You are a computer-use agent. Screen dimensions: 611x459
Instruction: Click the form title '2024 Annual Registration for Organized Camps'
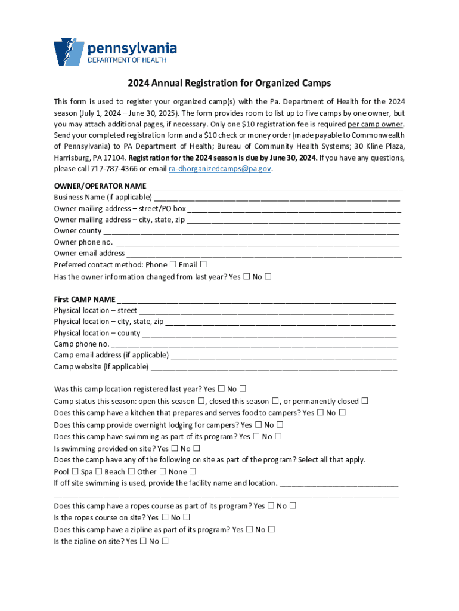[229, 83]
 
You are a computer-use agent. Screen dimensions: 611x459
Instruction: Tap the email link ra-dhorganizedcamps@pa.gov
[220, 169]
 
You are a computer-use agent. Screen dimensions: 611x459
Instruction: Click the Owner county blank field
[251, 231]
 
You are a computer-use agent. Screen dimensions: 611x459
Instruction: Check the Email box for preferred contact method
[203, 264]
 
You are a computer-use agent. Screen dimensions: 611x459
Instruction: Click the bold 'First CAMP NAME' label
[85, 299]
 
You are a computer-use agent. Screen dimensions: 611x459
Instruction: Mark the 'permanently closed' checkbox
[364, 401]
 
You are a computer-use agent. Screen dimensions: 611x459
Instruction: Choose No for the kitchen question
[342, 412]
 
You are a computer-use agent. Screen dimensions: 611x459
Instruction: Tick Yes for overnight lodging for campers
[258, 425]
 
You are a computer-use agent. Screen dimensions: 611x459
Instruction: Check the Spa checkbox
[98, 471]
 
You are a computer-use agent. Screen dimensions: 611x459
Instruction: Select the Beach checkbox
[131, 471]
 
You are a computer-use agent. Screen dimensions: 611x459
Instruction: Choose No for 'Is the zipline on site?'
[165, 541]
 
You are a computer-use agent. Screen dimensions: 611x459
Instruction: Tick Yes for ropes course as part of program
[271, 506]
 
